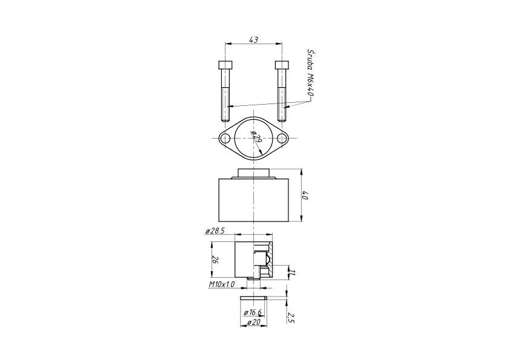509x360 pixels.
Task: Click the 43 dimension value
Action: coord(253,40)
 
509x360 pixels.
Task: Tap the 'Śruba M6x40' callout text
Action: coord(310,73)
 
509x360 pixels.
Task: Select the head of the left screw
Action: coord(225,65)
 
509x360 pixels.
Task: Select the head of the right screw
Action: coord(282,65)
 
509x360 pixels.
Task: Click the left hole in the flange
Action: coord(225,139)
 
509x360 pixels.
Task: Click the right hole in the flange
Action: coord(282,139)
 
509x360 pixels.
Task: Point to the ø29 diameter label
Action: coord(257,138)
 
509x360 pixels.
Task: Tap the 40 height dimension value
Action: coord(305,195)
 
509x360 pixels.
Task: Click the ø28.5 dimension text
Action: coord(215,231)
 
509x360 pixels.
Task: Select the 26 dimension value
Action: coord(215,260)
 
